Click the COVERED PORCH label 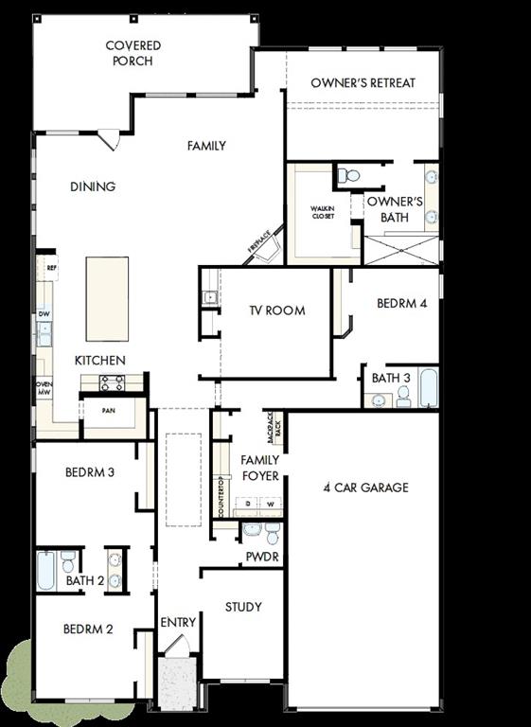pos(133,53)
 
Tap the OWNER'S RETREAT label pos(363,83)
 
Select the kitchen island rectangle pos(107,299)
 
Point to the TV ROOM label pos(276,310)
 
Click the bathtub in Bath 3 pos(428,387)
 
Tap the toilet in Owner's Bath pos(349,175)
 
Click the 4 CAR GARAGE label pos(365,488)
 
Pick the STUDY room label pos(243,607)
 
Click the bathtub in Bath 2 pos(46,571)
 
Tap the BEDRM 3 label pos(90,471)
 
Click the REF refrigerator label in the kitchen pos(51,268)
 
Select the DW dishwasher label pos(44,313)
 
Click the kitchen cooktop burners pos(112,382)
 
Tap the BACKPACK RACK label pos(274,428)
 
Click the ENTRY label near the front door pos(178,622)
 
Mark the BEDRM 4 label pos(401,305)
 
